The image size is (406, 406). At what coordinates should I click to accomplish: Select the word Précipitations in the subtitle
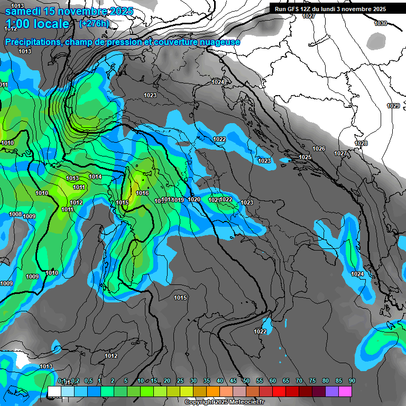[x=31, y=42]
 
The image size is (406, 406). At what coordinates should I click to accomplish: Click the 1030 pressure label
[x=381, y=23]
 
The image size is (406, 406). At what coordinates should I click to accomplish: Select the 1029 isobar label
[x=393, y=106]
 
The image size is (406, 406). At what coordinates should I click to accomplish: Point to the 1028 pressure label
[x=361, y=144]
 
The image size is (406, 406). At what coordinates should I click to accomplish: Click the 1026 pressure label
[x=319, y=149]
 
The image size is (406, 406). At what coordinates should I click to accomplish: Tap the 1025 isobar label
[x=305, y=158]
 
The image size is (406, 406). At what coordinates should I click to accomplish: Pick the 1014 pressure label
[x=95, y=177]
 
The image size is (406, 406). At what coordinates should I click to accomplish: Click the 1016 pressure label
[x=142, y=193]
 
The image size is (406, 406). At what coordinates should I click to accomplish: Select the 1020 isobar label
[x=194, y=199]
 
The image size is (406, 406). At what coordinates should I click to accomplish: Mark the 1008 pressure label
[x=15, y=214]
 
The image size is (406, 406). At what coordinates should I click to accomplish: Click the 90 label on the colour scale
[x=352, y=381]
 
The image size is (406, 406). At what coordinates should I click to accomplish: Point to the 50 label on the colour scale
[x=246, y=381]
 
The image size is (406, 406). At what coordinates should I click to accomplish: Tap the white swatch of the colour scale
[x=54, y=391]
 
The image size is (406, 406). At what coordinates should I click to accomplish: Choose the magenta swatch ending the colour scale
[x=346, y=391]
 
